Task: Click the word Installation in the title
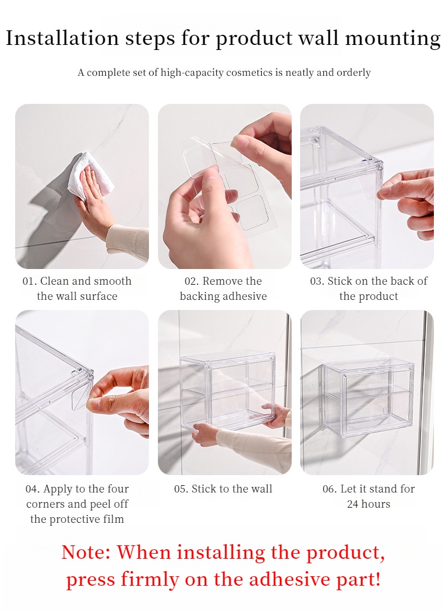[62, 38]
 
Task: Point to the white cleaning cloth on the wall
[91, 176]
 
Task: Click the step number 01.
[29, 281]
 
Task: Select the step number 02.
[192, 281]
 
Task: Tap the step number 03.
[317, 281]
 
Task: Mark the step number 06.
[329, 489]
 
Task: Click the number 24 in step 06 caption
[352, 504]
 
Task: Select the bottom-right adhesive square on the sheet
[252, 213]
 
